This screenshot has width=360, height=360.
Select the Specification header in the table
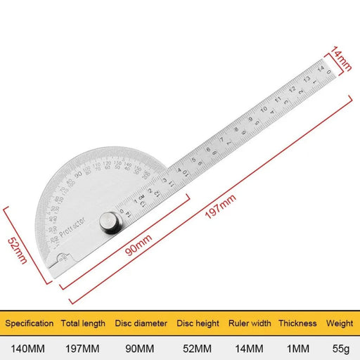pos(30,323)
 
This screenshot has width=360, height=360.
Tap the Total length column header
pos(83,323)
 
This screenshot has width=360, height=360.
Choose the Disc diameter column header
pos(141,323)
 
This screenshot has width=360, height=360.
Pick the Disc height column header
pos(198,323)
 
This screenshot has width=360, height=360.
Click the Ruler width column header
pos(249,323)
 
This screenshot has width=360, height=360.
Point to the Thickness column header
pos(297,323)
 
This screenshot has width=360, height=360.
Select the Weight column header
pos(339,323)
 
